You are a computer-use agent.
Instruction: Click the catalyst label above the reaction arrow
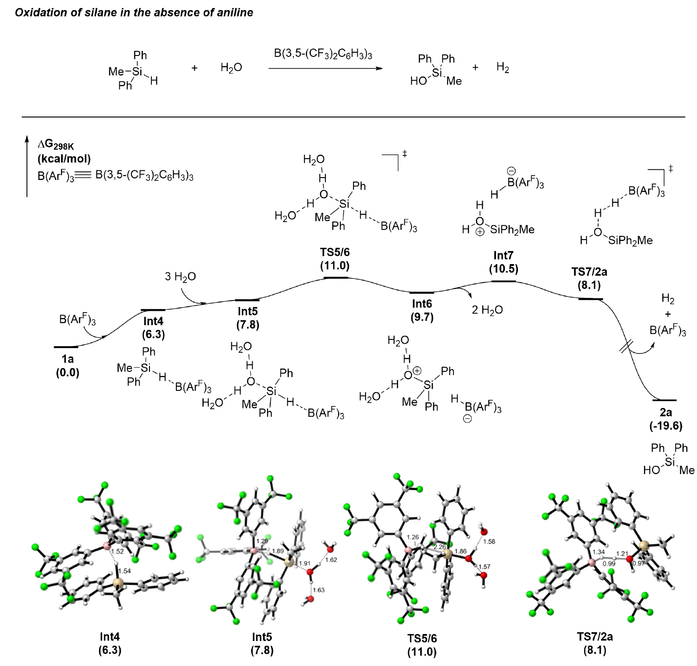coord(323,54)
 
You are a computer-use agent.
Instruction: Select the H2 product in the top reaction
coord(503,68)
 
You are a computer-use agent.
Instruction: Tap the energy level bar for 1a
coord(66,346)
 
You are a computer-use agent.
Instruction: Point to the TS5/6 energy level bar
coord(336,277)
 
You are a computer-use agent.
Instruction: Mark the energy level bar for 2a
coord(664,400)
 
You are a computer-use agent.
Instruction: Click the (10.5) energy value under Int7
coord(503,269)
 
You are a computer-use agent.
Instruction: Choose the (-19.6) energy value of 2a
coord(666,426)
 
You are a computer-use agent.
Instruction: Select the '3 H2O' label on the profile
coord(180,277)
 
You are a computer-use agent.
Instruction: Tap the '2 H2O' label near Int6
coord(487,310)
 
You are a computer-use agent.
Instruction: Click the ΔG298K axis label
coord(56,145)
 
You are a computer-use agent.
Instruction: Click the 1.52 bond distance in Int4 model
coord(118,551)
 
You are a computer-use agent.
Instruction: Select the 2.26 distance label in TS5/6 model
coord(440,547)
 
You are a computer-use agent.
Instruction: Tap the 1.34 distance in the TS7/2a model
coord(598,552)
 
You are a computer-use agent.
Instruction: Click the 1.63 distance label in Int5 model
coord(318,590)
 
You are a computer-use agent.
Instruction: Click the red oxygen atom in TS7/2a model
coord(629,559)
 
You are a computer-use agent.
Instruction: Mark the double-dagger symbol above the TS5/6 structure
coord(405,153)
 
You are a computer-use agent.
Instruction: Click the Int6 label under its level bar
coord(422,304)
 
